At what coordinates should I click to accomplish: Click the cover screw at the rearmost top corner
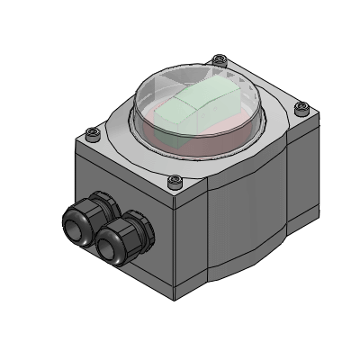(x=218, y=61)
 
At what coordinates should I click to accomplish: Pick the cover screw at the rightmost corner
(x=302, y=107)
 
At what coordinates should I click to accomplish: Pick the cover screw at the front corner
(x=176, y=183)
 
